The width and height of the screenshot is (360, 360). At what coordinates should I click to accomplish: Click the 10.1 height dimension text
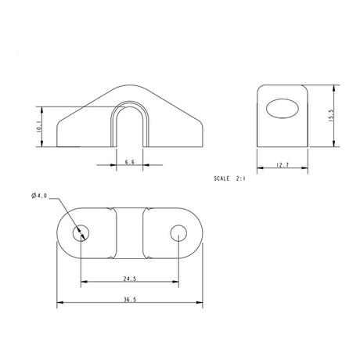(39, 127)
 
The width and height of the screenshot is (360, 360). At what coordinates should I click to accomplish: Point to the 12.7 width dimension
(283, 164)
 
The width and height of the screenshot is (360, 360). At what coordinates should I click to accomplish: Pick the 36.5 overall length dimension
(130, 299)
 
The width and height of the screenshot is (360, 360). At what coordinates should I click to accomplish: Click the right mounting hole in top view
(179, 233)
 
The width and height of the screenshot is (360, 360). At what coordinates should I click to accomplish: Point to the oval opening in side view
(283, 110)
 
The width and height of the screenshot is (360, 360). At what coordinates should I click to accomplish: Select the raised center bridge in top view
(130, 233)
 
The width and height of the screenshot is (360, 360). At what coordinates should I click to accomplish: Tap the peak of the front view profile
(130, 83)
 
